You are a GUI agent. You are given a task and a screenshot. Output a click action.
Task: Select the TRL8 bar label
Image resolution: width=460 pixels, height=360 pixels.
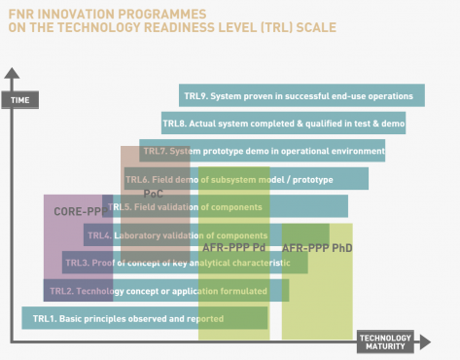pos(283,124)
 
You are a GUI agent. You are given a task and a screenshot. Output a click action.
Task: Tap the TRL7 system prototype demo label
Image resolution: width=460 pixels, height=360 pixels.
pos(263,151)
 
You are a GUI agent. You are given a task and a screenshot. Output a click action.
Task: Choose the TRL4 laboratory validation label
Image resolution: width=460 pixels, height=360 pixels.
pos(177,235)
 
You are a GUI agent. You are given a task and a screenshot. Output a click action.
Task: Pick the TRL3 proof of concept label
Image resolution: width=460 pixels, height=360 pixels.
pos(177,263)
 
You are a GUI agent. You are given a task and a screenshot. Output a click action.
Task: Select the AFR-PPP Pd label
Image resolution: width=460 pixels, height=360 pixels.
pos(233,248)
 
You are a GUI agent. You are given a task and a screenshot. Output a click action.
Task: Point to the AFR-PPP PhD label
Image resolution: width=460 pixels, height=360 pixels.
pos(317,248)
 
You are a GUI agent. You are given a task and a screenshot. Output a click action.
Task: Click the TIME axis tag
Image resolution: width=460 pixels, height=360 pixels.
pos(19,100)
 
